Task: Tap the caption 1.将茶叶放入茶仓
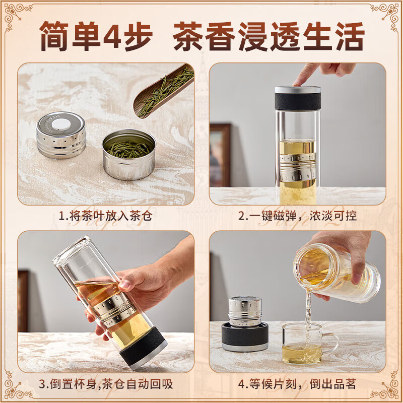(105, 217)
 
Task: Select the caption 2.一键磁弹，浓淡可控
(298, 217)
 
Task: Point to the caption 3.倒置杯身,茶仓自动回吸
(106, 384)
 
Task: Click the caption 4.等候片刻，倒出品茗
(298, 384)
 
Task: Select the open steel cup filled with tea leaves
(129, 154)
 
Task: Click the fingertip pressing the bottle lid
(302, 81)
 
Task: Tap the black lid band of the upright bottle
(298, 99)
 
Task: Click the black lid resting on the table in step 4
(245, 337)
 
